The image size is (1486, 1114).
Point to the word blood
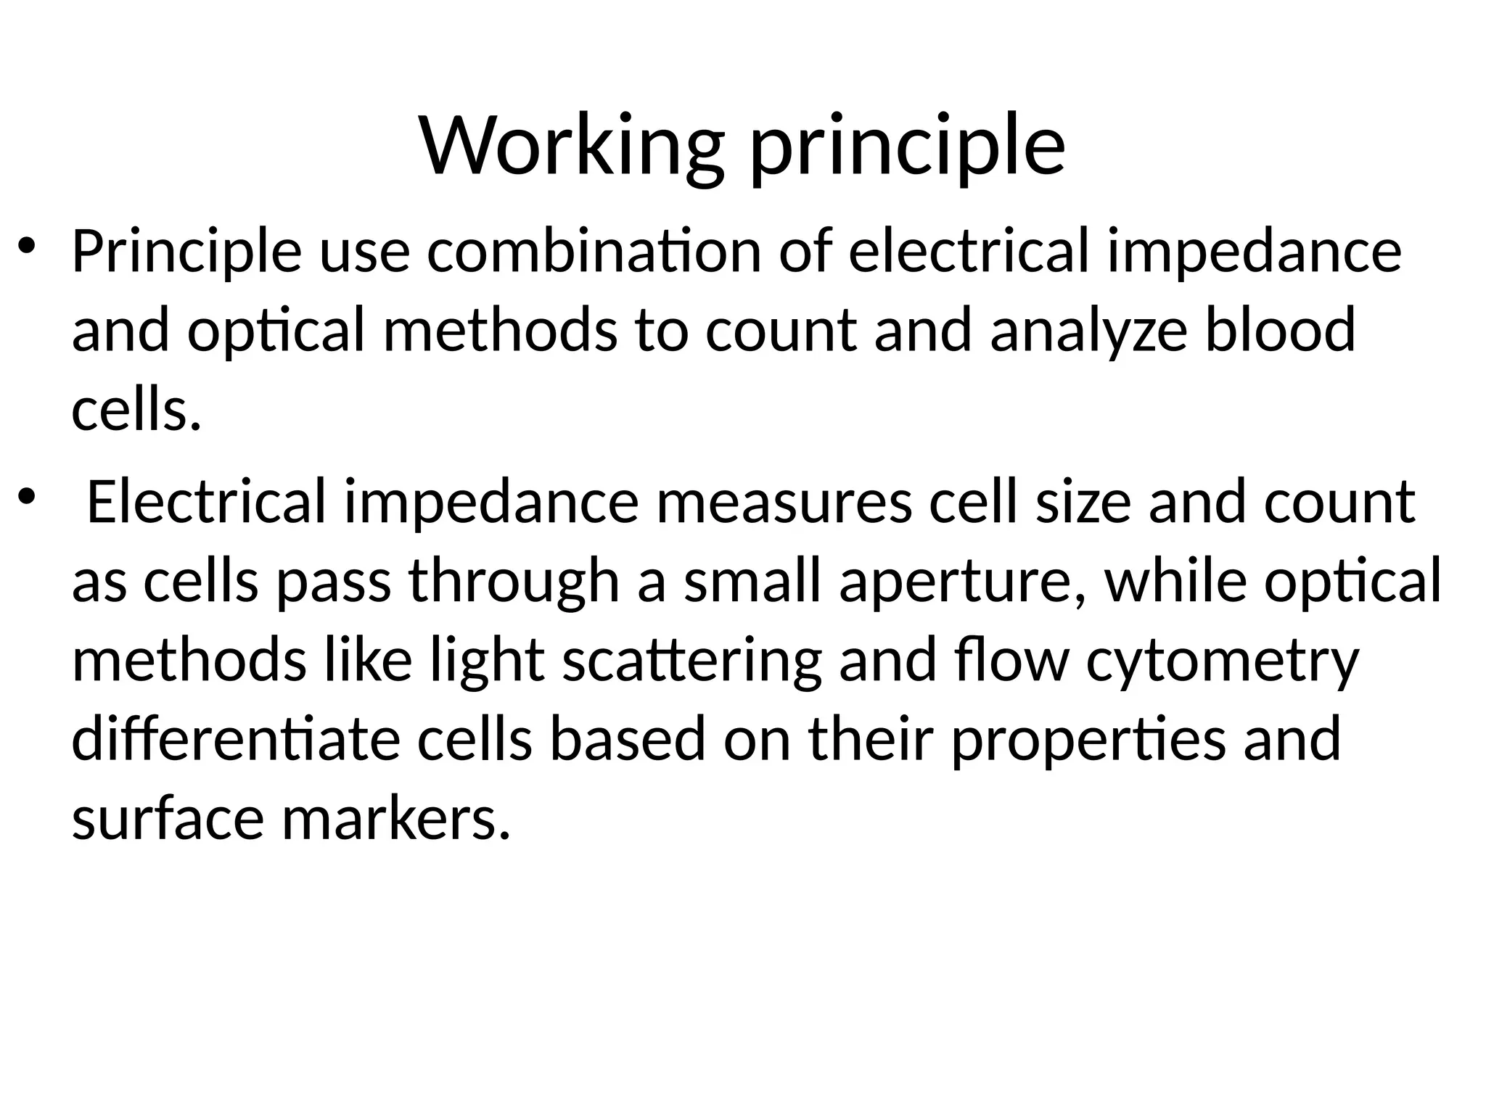(1280, 330)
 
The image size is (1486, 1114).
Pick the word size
(1083, 502)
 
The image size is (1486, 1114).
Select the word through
(514, 582)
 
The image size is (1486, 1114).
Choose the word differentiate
(236, 739)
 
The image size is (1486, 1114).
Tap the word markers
(395, 820)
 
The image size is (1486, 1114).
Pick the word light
(487, 662)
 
